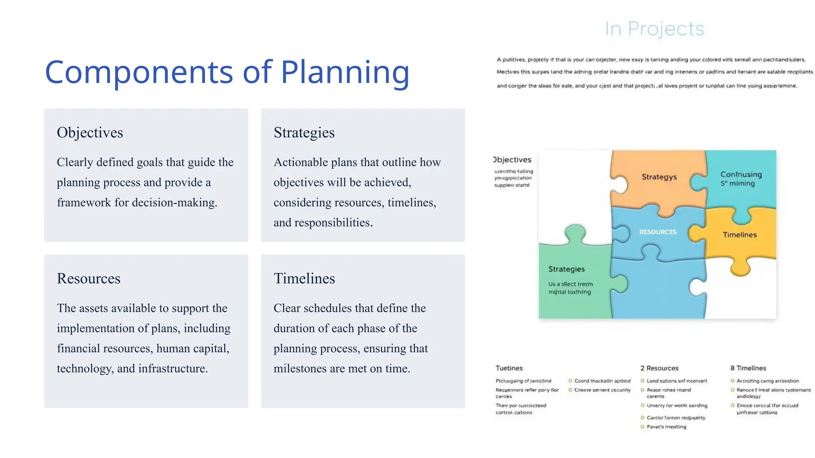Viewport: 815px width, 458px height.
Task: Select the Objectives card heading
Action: click(90, 132)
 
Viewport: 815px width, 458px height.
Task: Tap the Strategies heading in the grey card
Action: click(304, 132)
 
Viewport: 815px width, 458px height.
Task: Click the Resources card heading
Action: click(88, 278)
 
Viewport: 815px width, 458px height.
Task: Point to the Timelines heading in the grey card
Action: click(304, 278)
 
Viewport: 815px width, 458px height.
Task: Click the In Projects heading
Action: click(654, 29)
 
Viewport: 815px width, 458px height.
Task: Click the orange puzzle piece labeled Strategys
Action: click(659, 177)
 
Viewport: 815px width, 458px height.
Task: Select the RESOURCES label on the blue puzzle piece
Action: click(657, 232)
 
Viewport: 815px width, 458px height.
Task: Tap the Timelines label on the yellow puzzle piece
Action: click(739, 235)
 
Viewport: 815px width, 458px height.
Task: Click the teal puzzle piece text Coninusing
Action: click(741, 174)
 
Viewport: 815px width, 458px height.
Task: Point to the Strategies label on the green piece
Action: click(566, 269)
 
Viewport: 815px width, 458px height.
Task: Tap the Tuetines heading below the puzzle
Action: click(509, 368)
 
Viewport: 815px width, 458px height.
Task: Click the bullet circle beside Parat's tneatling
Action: click(642, 427)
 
